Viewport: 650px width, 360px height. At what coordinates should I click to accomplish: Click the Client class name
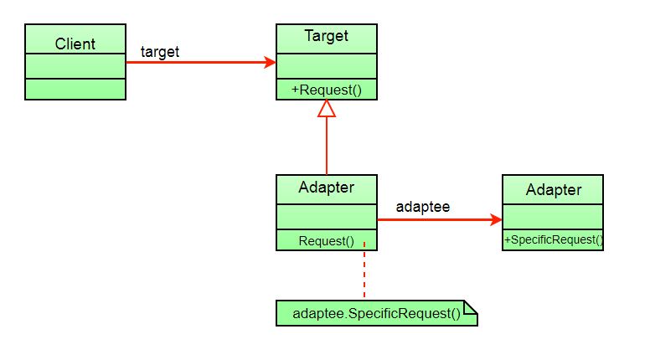[x=75, y=44]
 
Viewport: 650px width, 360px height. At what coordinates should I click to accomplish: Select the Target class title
[x=326, y=36]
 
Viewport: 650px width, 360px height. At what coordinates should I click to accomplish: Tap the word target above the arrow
[x=160, y=52]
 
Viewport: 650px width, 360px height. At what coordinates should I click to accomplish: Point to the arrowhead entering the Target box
[x=270, y=62]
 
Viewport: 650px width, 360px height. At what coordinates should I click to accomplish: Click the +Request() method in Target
[x=326, y=90]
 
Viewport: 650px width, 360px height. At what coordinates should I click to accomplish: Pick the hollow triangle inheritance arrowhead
[x=327, y=108]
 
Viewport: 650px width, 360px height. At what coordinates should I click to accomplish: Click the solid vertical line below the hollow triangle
[x=327, y=147]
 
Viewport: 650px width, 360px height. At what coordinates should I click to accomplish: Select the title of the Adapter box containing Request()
[x=326, y=188]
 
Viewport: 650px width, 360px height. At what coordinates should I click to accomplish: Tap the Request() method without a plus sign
[x=326, y=241]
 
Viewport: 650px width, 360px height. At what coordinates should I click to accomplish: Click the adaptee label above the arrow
[x=423, y=206]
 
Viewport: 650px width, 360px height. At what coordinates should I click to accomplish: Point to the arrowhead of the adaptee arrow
[x=495, y=220]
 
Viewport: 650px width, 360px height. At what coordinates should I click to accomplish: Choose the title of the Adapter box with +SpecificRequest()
[x=553, y=190]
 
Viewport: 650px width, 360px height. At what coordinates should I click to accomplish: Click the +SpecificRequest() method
[x=553, y=240]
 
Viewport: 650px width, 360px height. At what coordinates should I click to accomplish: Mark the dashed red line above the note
[x=364, y=272]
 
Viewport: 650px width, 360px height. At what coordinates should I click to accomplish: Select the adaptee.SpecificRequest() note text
[x=376, y=315]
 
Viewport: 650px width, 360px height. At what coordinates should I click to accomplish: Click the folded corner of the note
[x=470, y=308]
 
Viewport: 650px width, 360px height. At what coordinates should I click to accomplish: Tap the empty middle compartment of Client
[x=75, y=66]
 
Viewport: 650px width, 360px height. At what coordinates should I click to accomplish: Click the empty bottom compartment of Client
[x=75, y=89]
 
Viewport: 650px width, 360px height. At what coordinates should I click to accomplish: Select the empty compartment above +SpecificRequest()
[x=553, y=216]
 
